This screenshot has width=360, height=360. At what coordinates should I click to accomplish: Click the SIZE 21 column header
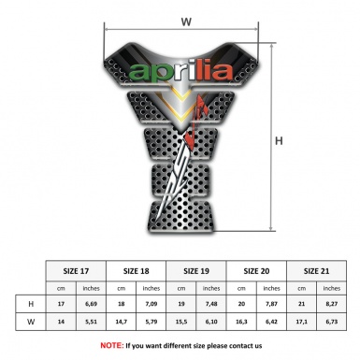(317, 271)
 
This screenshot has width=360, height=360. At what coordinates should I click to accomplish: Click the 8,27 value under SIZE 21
(332, 304)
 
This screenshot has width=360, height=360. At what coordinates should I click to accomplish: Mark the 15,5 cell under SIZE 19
(182, 323)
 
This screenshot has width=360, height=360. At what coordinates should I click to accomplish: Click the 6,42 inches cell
(272, 323)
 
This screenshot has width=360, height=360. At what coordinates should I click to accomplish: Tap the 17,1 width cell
(302, 323)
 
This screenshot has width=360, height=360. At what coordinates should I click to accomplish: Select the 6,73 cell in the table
(332, 323)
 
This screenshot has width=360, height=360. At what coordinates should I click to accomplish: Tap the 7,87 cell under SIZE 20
(272, 304)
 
